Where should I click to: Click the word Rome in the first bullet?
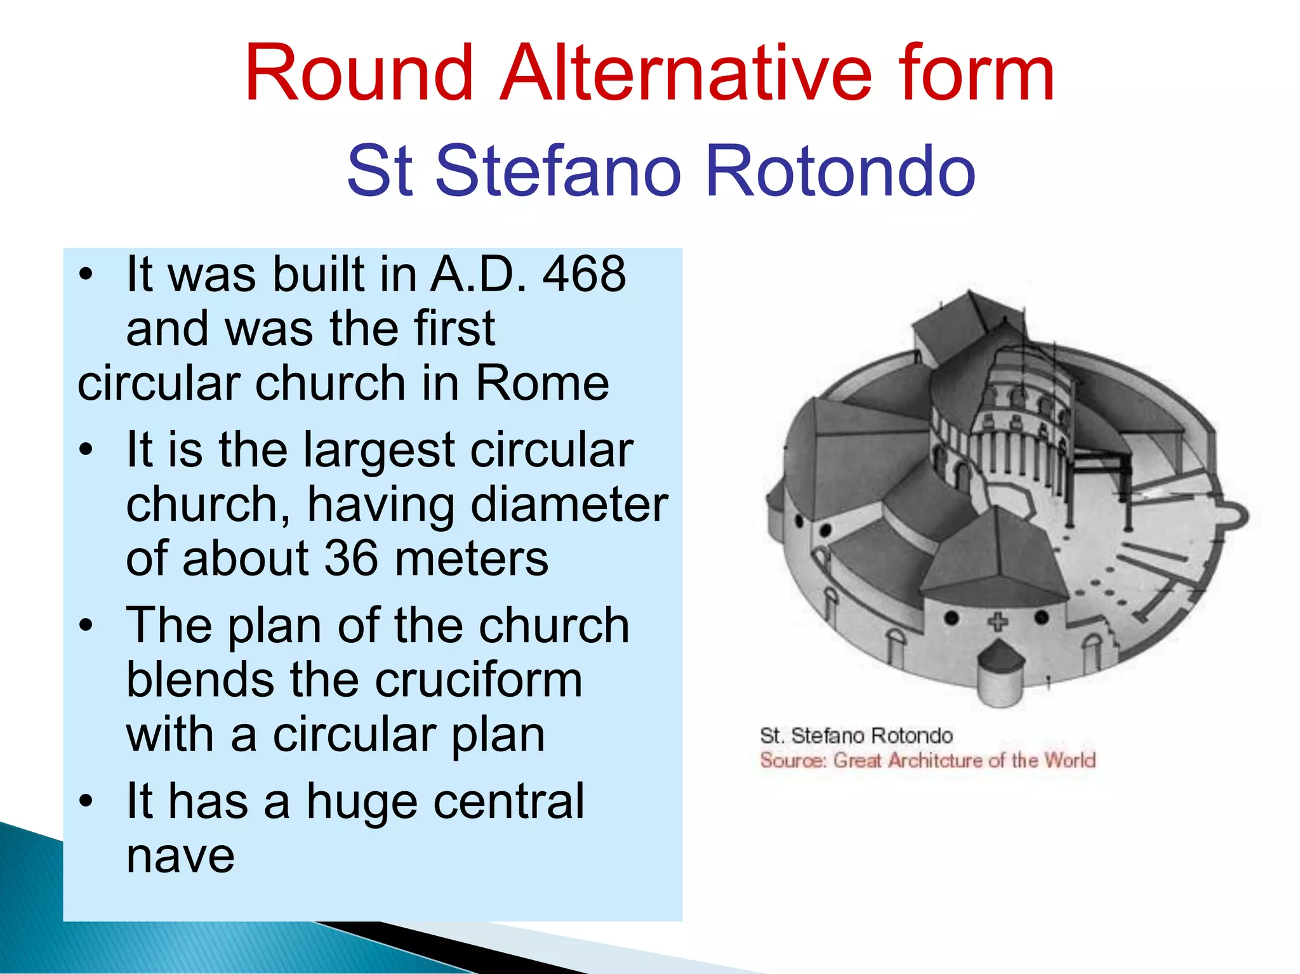tap(542, 383)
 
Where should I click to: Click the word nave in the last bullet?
tap(180, 857)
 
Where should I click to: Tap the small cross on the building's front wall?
tap(997, 621)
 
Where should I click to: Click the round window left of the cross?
tap(951, 617)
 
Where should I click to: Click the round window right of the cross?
tap(1042, 617)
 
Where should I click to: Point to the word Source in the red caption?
tap(792, 760)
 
